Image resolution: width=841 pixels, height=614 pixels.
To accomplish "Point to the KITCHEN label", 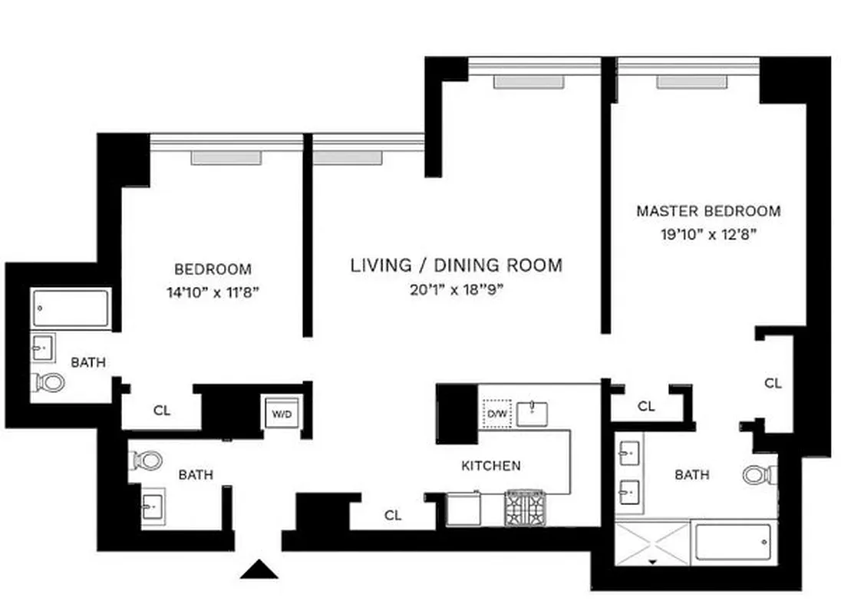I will point(491,466).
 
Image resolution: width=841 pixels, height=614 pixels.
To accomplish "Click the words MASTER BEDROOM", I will point(708,211).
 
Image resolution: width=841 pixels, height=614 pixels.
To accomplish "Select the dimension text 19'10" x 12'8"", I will point(708,235).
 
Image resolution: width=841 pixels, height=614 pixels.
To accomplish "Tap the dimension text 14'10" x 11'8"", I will point(213,292).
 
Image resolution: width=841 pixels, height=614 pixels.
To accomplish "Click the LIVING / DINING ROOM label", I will point(456,266).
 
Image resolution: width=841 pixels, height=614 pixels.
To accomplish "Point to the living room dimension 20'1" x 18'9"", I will point(456,289).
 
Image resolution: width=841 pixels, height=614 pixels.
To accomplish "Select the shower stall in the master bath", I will point(652,544).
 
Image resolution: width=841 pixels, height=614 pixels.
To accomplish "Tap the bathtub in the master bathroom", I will point(732,544).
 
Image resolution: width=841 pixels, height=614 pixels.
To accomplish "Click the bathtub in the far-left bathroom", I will point(71,309).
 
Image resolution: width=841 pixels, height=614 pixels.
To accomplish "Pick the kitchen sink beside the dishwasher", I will point(532,414).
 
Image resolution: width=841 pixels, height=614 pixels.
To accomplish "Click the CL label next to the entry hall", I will point(393,516).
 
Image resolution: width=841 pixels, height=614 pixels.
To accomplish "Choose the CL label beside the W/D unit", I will point(161,411).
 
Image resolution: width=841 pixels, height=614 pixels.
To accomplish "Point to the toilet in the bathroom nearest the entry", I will point(147,460).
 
